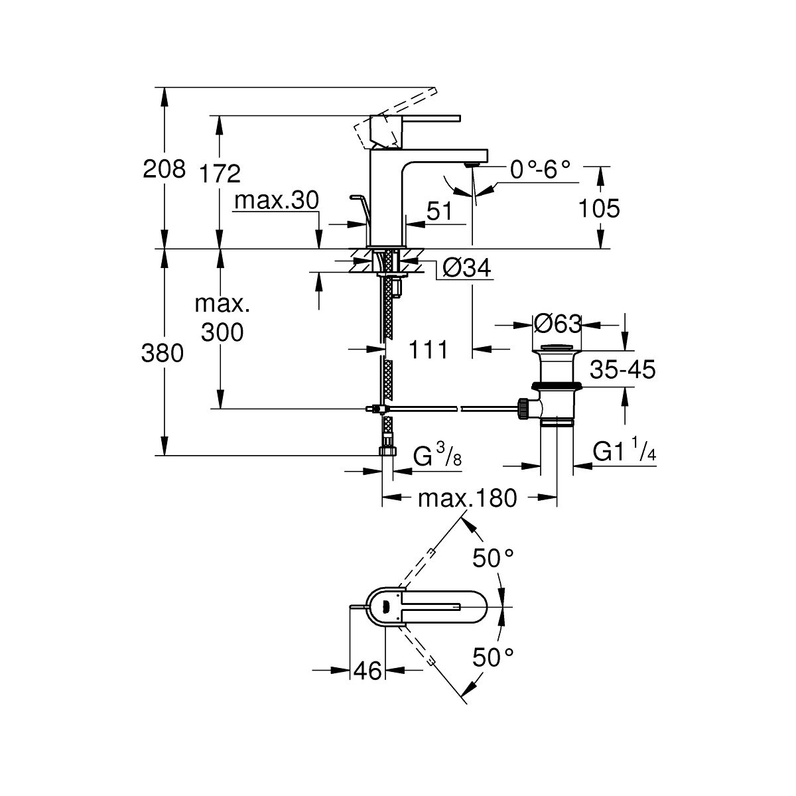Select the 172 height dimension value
[220, 174]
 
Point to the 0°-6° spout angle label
[541, 170]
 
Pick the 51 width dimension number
[438, 212]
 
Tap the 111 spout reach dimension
[428, 349]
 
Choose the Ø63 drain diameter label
[557, 324]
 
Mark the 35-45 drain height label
[622, 369]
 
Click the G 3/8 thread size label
[435, 456]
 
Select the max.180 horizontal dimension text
[467, 497]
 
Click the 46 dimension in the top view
[366, 671]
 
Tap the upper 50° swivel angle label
[494, 558]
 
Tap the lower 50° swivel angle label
[494, 657]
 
